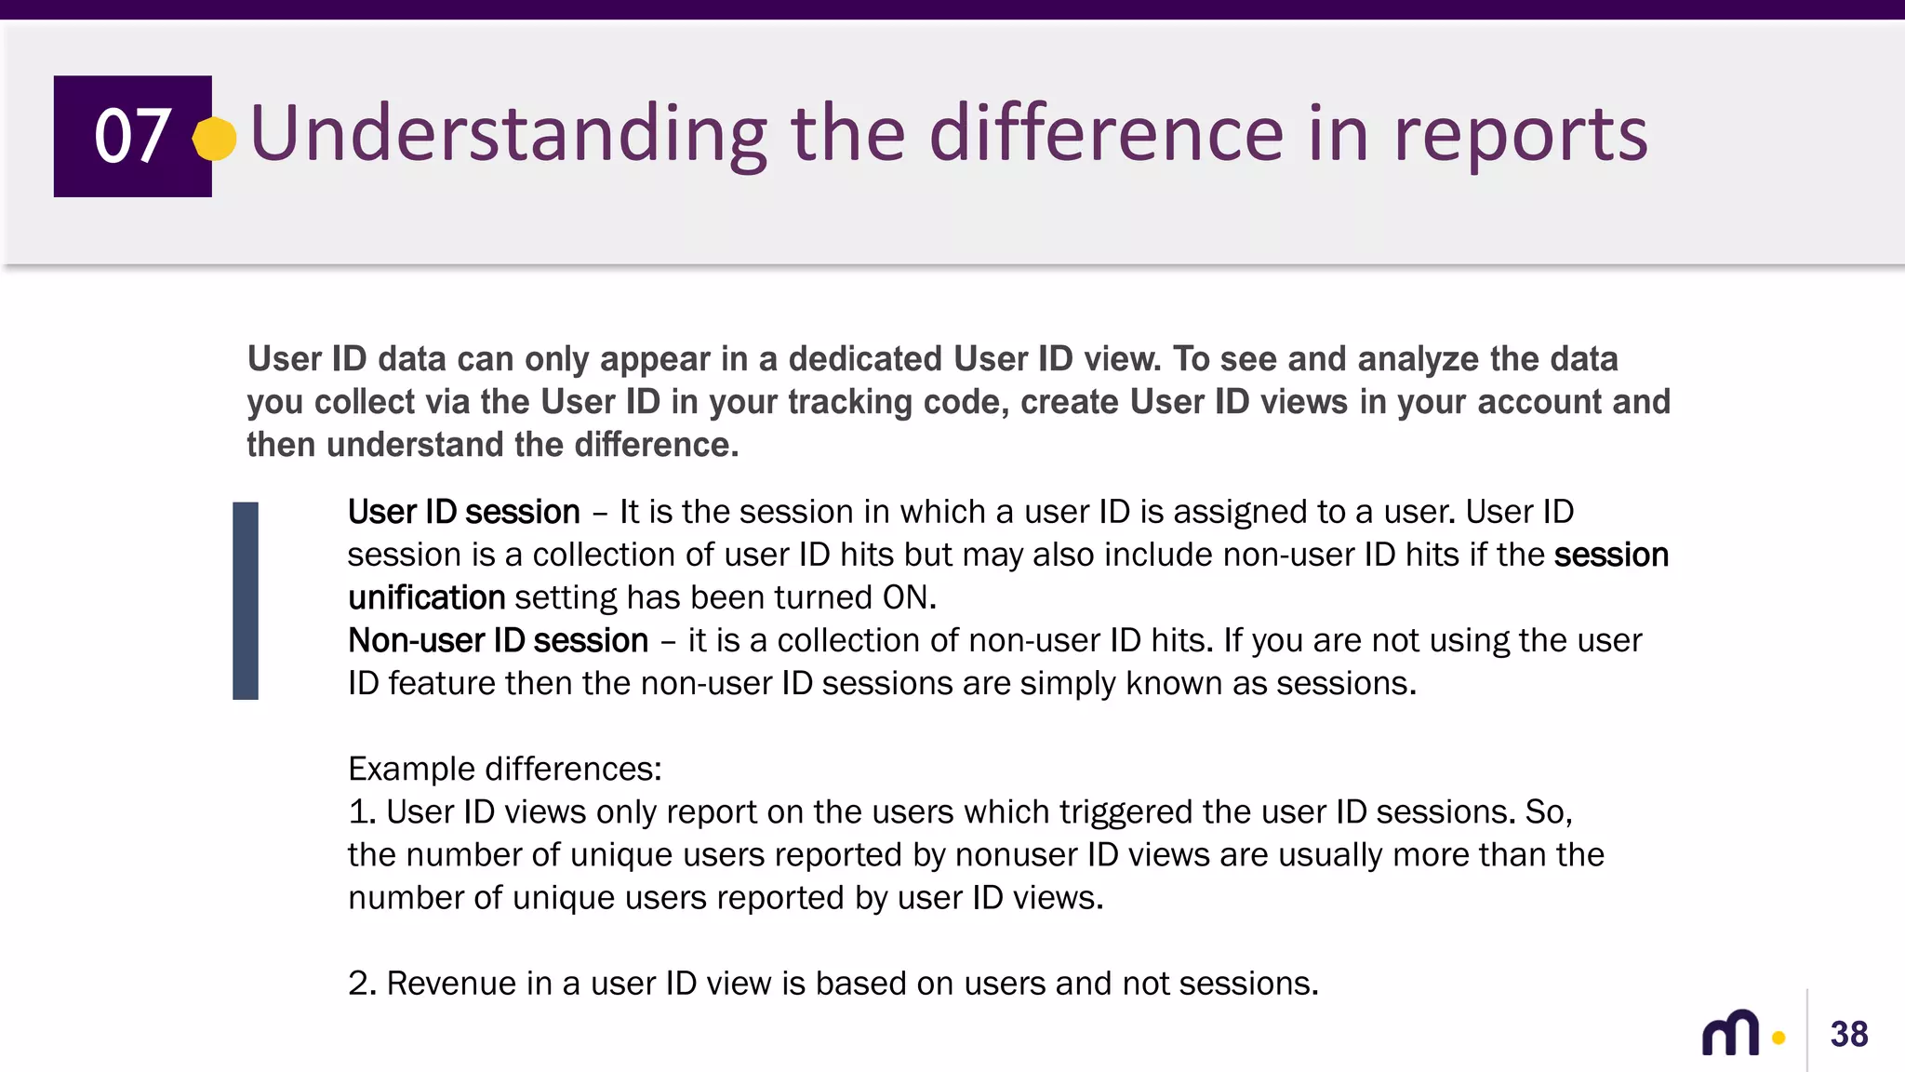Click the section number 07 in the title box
(x=132, y=136)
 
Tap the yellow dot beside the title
(x=215, y=140)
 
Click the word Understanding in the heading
(x=508, y=135)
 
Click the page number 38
(x=1848, y=1034)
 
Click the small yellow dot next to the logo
(x=1778, y=1038)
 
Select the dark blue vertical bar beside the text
(x=246, y=600)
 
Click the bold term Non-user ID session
(x=498, y=640)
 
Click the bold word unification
(x=426, y=597)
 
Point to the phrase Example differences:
(x=504, y=769)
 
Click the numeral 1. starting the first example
(x=361, y=811)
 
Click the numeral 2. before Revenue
(x=361, y=983)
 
